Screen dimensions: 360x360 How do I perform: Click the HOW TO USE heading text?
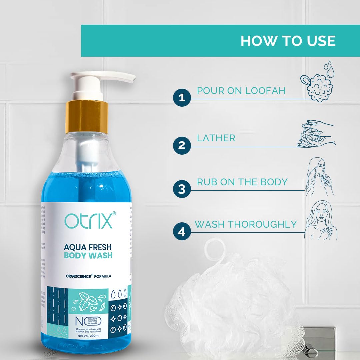coord(288,41)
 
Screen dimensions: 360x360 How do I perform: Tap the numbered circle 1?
coord(182,98)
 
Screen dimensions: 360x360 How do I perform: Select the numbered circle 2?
coord(182,145)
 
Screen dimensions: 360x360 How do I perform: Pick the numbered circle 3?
coord(182,189)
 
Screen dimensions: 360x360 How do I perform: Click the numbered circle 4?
coord(182,232)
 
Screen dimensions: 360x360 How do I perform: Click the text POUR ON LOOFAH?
coord(241,91)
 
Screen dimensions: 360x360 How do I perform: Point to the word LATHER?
coord(216,138)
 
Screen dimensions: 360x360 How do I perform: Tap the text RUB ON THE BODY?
coord(242,182)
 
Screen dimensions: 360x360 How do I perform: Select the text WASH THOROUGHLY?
coord(246,224)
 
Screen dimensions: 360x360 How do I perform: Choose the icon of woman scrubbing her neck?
coord(320,177)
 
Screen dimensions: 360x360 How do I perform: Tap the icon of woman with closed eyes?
coord(321,220)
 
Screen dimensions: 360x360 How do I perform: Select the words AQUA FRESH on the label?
coord(88,247)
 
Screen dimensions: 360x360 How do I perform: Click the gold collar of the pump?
coord(86,116)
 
